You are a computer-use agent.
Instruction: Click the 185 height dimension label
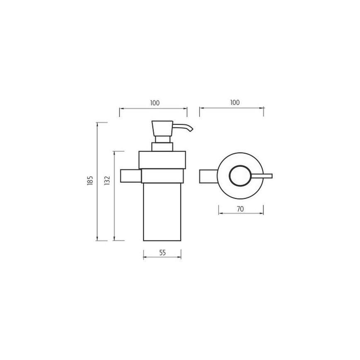click(90, 180)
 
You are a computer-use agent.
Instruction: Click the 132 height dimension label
click(107, 180)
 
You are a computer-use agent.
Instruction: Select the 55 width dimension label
click(162, 252)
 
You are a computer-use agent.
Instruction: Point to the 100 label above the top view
click(234, 103)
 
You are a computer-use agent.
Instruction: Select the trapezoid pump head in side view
click(162, 128)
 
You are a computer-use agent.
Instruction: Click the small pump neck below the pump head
click(162, 147)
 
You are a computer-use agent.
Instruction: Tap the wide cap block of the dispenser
click(162, 160)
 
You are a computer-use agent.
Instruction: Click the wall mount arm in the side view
click(130, 175)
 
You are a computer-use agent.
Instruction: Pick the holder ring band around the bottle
click(162, 176)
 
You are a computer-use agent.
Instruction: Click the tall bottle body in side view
click(162, 212)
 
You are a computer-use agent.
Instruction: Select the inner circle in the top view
click(240, 175)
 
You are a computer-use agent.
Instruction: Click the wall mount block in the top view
click(208, 175)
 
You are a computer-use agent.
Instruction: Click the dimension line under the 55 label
click(162, 258)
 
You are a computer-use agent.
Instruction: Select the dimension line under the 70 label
click(241, 214)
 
